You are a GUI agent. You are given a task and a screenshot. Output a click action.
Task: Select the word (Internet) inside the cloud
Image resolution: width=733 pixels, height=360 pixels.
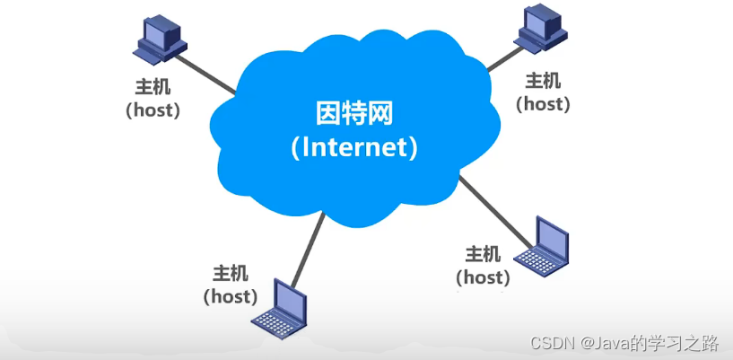[355, 146]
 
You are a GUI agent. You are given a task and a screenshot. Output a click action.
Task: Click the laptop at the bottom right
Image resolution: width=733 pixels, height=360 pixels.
[541, 248]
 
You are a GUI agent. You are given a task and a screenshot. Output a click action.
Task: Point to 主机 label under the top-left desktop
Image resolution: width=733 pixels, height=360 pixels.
[152, 89]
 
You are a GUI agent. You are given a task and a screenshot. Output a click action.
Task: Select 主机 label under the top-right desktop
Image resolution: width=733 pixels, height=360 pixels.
[543, 82]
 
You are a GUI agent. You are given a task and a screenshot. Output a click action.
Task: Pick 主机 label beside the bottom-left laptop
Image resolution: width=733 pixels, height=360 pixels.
[231, 273]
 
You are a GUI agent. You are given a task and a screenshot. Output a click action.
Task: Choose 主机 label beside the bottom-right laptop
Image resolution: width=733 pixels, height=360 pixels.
[484, 254]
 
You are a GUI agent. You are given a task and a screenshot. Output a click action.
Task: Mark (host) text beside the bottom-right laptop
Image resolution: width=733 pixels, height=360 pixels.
[484, 277]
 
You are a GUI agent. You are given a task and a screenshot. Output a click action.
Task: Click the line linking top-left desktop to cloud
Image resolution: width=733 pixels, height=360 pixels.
[205, 74]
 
